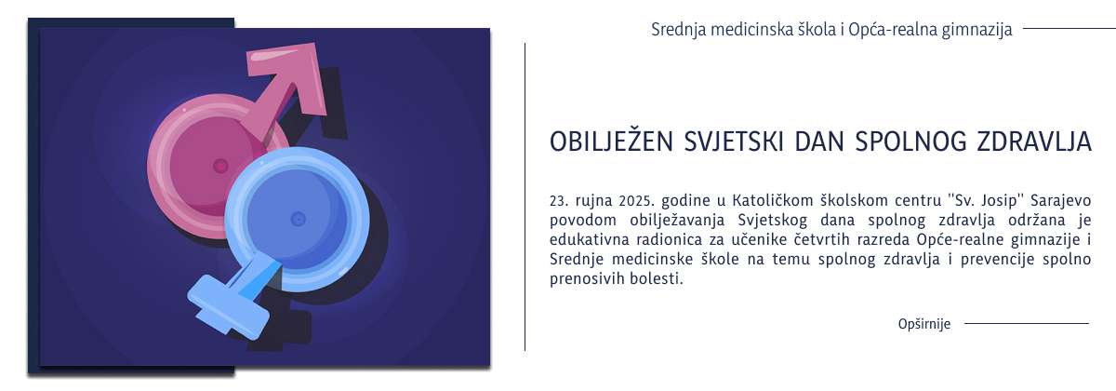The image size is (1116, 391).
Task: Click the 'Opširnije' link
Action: (923, 324)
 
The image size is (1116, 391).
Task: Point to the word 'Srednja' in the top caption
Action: (679, 29)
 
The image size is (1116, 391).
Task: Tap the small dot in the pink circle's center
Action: (220, 166)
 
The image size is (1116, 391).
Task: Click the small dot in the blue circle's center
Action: (298, 219)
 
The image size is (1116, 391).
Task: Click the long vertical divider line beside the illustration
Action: (525, 195)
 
